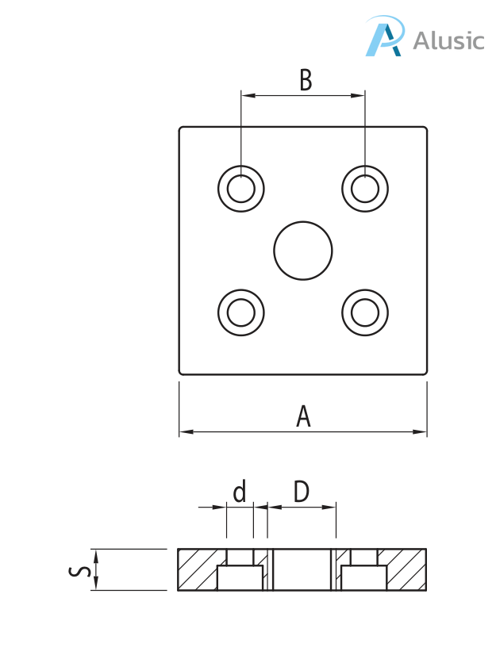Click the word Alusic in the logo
click(448, 40)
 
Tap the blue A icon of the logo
click(384, 39)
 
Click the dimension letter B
click(305, 80)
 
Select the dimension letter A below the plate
click(303, 416)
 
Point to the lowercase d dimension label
click(239, 492)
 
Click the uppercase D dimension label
click(301, 492)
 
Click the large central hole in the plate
click(302, 251)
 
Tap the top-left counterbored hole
click(241, 189)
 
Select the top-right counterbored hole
click(365, 189)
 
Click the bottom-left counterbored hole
click(241, 312)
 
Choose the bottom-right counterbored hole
click(365, 312)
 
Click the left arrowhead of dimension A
click(186, 432)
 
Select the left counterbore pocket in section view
click(240, 578)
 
